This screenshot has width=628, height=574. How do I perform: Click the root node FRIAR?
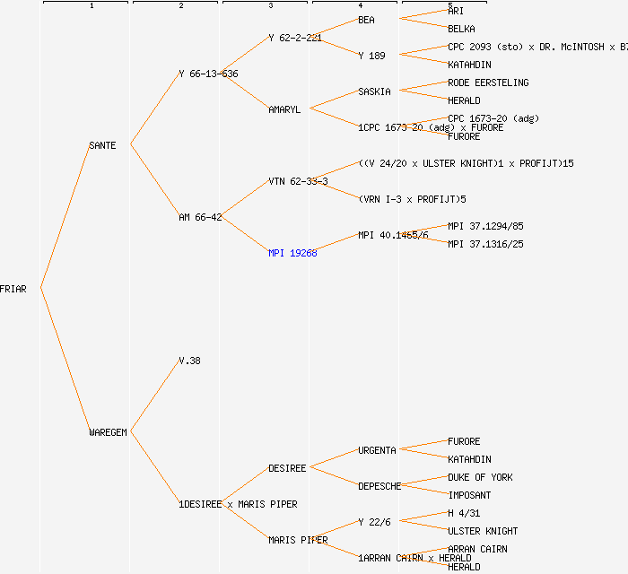click(x=13, y=289)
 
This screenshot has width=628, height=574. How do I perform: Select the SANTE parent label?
click(x=102, y=145)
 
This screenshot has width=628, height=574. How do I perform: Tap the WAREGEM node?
click(x=108, y=432)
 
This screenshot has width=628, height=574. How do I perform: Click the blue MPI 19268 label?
click(x=292, y=253)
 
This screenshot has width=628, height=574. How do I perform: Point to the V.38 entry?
click(x=189, y=361)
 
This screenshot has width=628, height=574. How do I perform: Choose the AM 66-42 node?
click(x=200, y=217)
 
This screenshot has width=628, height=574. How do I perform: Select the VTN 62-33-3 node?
click(x=298, y=181)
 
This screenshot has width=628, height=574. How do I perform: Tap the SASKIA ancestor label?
click(x=374, y=91)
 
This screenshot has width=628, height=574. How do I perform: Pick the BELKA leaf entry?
click(x=461, y=29)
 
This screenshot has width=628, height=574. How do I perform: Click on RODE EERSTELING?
click(x=488, y=83)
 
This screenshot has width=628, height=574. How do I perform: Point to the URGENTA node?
click(x=377, y=450)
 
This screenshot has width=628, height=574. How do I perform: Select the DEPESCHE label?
click(x=379, y=486)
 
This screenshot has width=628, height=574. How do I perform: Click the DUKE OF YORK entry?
click(x=480, y=477)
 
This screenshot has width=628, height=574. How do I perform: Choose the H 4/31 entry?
click(x=464, y=513)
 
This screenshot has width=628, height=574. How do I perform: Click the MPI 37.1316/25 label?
click(x=485, y=244)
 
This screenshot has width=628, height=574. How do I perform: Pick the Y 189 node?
click(x=371, y=56)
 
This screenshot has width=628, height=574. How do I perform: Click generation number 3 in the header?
click(x=270, y=6)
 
